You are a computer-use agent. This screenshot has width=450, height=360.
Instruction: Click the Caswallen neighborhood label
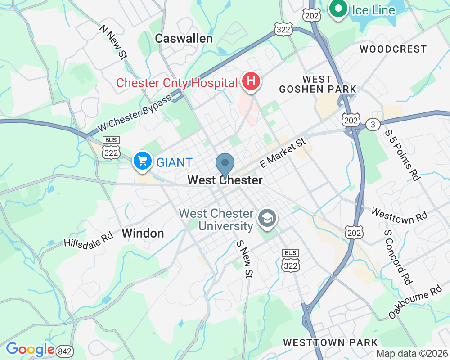(x=184, y=39)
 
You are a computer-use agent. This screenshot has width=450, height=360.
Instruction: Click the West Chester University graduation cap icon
(x=267, y=218)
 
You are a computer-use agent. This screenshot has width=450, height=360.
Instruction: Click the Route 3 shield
(x=373, y=125)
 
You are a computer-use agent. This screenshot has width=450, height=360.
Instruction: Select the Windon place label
(x=143, y=233)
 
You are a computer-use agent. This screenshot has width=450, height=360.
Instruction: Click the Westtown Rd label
(x=399, y=215)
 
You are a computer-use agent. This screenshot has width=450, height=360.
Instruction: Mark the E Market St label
(x=283, y=153)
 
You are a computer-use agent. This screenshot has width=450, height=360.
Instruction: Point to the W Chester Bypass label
(x=135, y=113)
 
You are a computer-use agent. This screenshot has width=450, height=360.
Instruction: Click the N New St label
(x=113, y=42)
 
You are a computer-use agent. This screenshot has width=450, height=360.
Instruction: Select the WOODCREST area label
(x=393, y=49)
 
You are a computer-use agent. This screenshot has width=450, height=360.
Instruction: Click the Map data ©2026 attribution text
(x=412, y=353)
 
